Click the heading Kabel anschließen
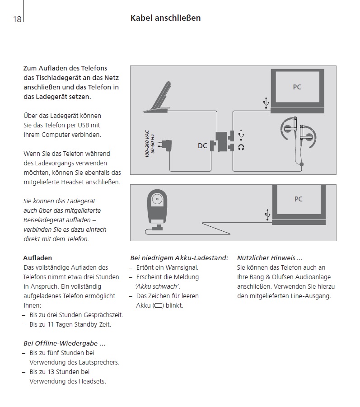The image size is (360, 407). click(x=165, y=18)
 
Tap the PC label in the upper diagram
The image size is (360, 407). click(x=297, y=87)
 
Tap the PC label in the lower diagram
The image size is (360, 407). click(x=298, y=199)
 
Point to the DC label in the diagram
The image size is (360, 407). click(x=202, y=146)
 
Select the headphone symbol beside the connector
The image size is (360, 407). click(x=241, y=147)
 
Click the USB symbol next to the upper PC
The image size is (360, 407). click(x=266, y=103)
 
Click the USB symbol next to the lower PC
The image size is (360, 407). click(x=267, y=215)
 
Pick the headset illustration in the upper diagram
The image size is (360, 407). click(x=298, y=136)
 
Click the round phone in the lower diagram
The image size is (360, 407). click(x=158, y=206)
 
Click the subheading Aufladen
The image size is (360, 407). click(x=37, y=258)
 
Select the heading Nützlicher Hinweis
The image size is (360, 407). click(x=270, y=258)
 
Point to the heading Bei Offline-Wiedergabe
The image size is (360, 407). click(x=65, y=343)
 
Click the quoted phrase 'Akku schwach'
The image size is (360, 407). click(x=158, y=286)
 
